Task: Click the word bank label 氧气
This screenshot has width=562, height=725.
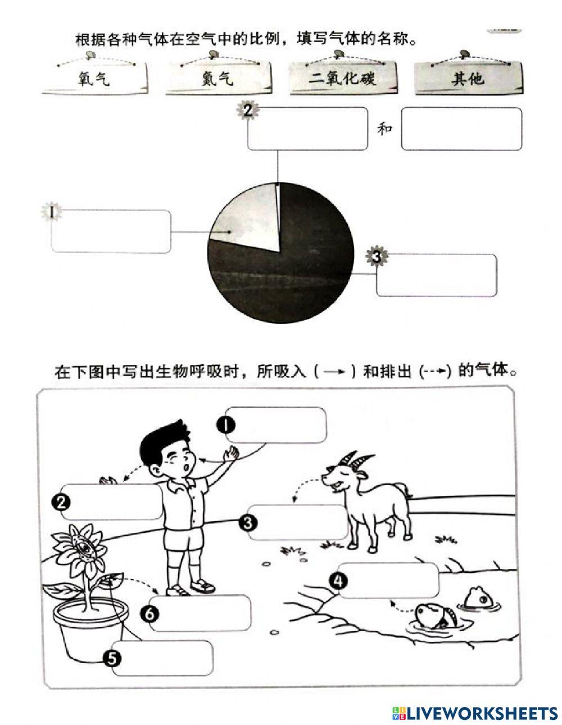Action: point(94,79)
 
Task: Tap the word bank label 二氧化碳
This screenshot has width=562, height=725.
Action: point(342,78)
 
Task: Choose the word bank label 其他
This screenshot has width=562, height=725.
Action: point(468,78)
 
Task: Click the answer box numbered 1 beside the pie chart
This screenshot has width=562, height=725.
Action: point(111,231)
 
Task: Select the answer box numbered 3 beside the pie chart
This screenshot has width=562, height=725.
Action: point(437,275)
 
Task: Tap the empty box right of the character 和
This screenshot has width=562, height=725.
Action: point(461,129)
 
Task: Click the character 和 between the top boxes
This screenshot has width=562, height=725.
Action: point(384,129)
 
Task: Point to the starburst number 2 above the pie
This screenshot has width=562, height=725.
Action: point(248,111)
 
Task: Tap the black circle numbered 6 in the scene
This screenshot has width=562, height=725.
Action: point(149,614)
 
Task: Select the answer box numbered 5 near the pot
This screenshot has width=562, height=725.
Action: point(162,658)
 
